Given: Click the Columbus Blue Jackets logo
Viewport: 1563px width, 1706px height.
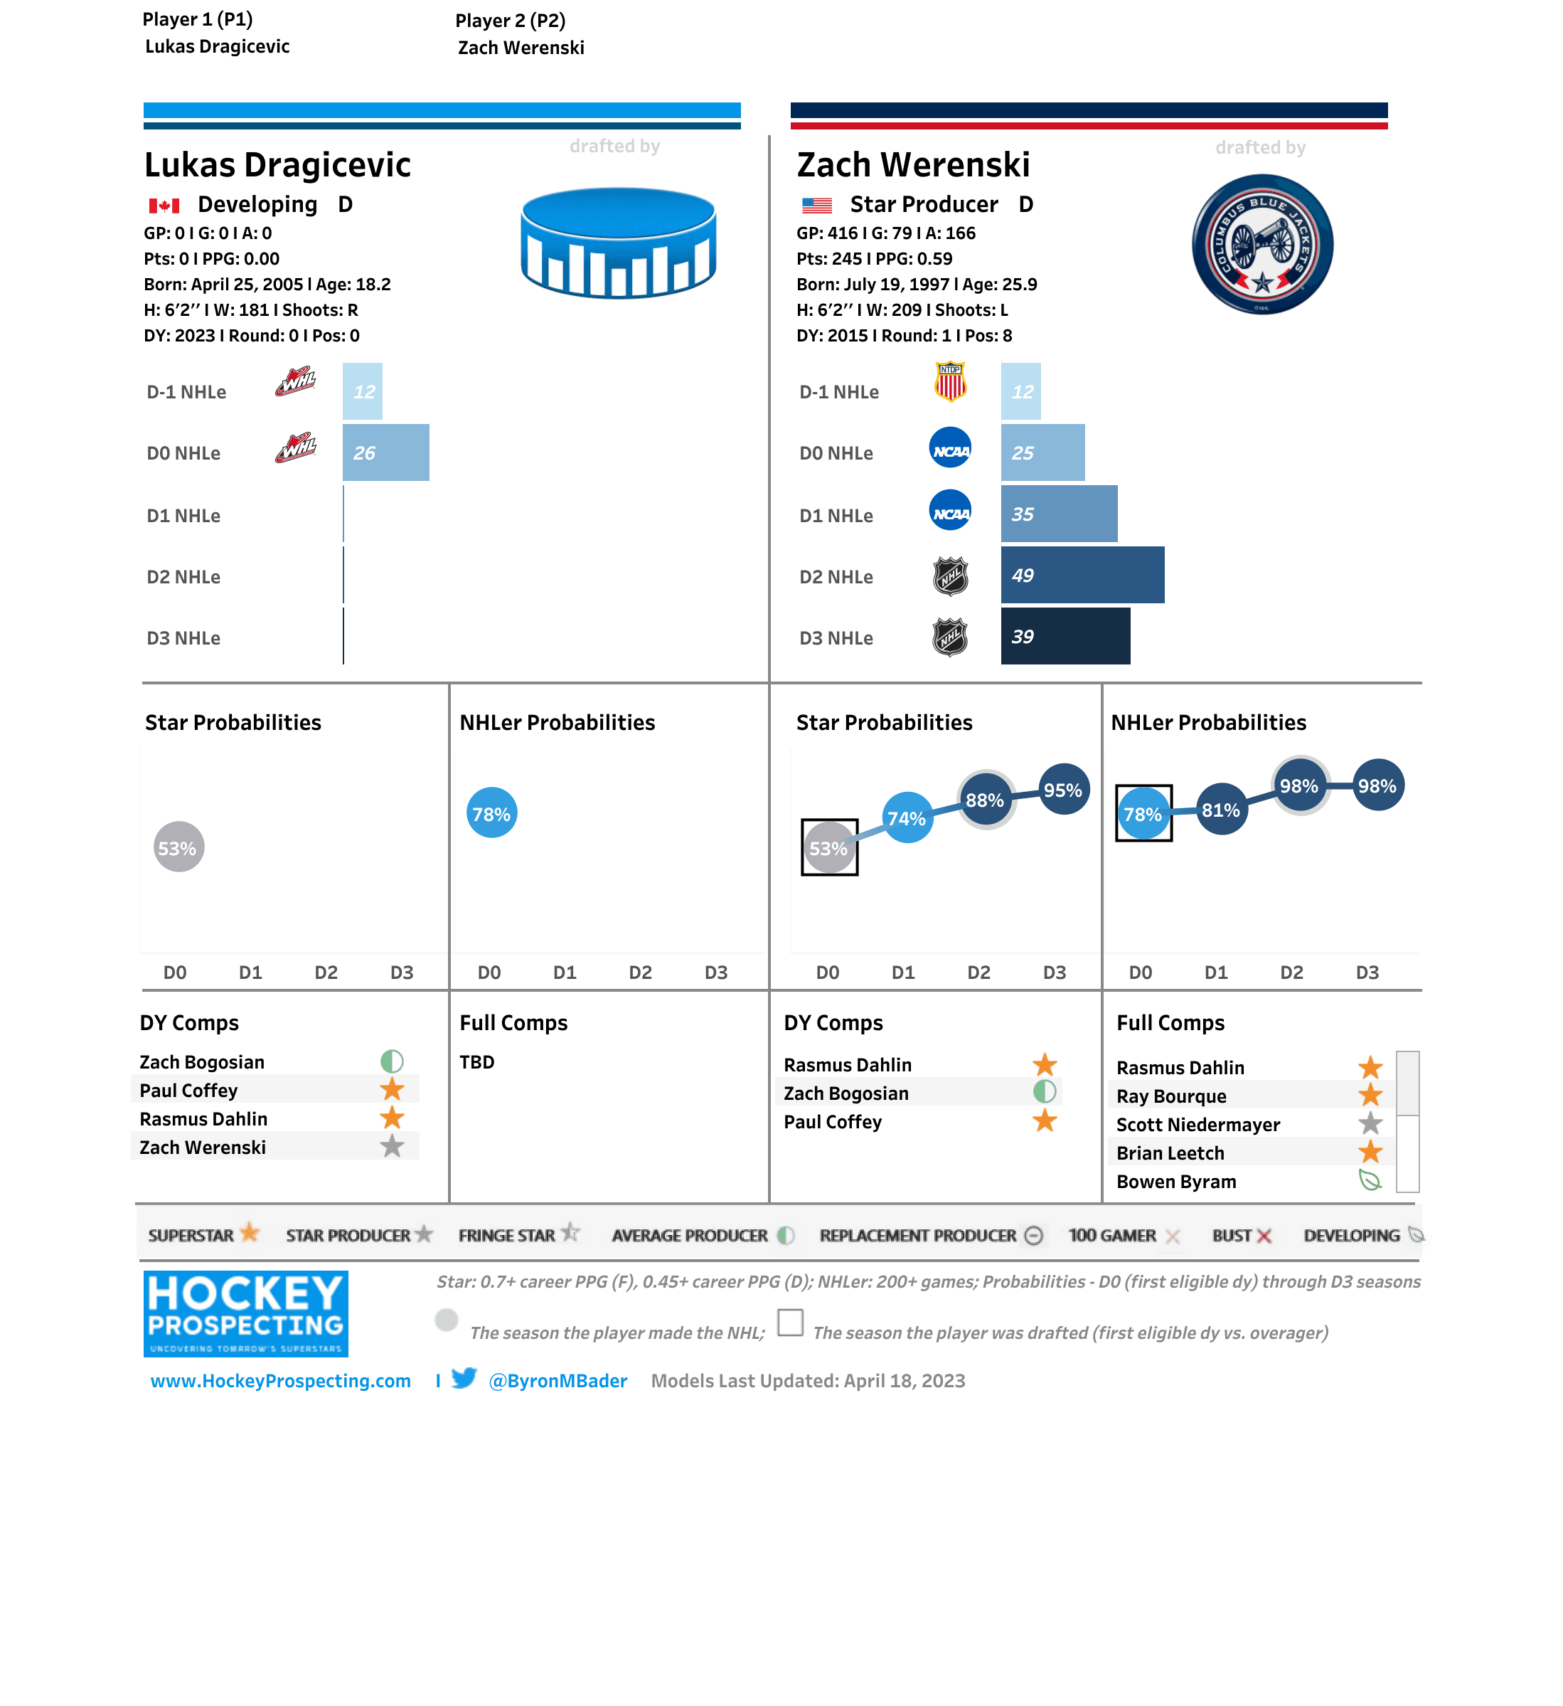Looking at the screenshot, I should tap(1262, 245).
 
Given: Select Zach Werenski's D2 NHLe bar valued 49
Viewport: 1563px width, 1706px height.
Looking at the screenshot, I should tap(1082, 576).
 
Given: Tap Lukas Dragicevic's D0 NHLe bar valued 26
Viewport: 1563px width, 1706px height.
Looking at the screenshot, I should tap(385, 452).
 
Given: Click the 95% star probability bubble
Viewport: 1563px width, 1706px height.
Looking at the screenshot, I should tap(1063, 790).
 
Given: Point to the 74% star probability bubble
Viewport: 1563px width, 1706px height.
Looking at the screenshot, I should tap(907, 817).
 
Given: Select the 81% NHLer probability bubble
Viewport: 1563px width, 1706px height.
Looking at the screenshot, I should tap(1220, 810).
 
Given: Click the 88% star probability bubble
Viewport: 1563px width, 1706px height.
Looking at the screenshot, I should tap(986, 800).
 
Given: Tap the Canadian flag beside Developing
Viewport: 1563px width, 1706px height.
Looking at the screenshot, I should tap(164, 205).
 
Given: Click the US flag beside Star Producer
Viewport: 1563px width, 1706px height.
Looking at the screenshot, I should tap(816, 205).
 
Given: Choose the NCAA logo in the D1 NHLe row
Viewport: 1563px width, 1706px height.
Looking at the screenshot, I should tap(950, 511).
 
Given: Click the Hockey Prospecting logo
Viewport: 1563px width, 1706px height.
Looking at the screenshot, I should tap(245, 1313).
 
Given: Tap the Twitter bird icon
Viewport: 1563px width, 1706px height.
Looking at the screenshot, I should tap(464, 1379).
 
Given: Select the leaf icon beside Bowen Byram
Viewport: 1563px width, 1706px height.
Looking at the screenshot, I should tap(1370, 1180).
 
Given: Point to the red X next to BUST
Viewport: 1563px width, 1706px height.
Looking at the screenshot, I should tap(1264, 1236).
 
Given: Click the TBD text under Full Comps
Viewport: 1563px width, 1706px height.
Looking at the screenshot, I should tap(477, 1062).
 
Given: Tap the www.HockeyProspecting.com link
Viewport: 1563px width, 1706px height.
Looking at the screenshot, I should tap(280, 1381).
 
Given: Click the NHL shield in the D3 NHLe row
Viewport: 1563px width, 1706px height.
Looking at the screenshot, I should tap(950, 637).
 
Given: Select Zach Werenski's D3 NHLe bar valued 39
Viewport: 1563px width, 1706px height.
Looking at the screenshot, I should tap(1065, 636).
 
